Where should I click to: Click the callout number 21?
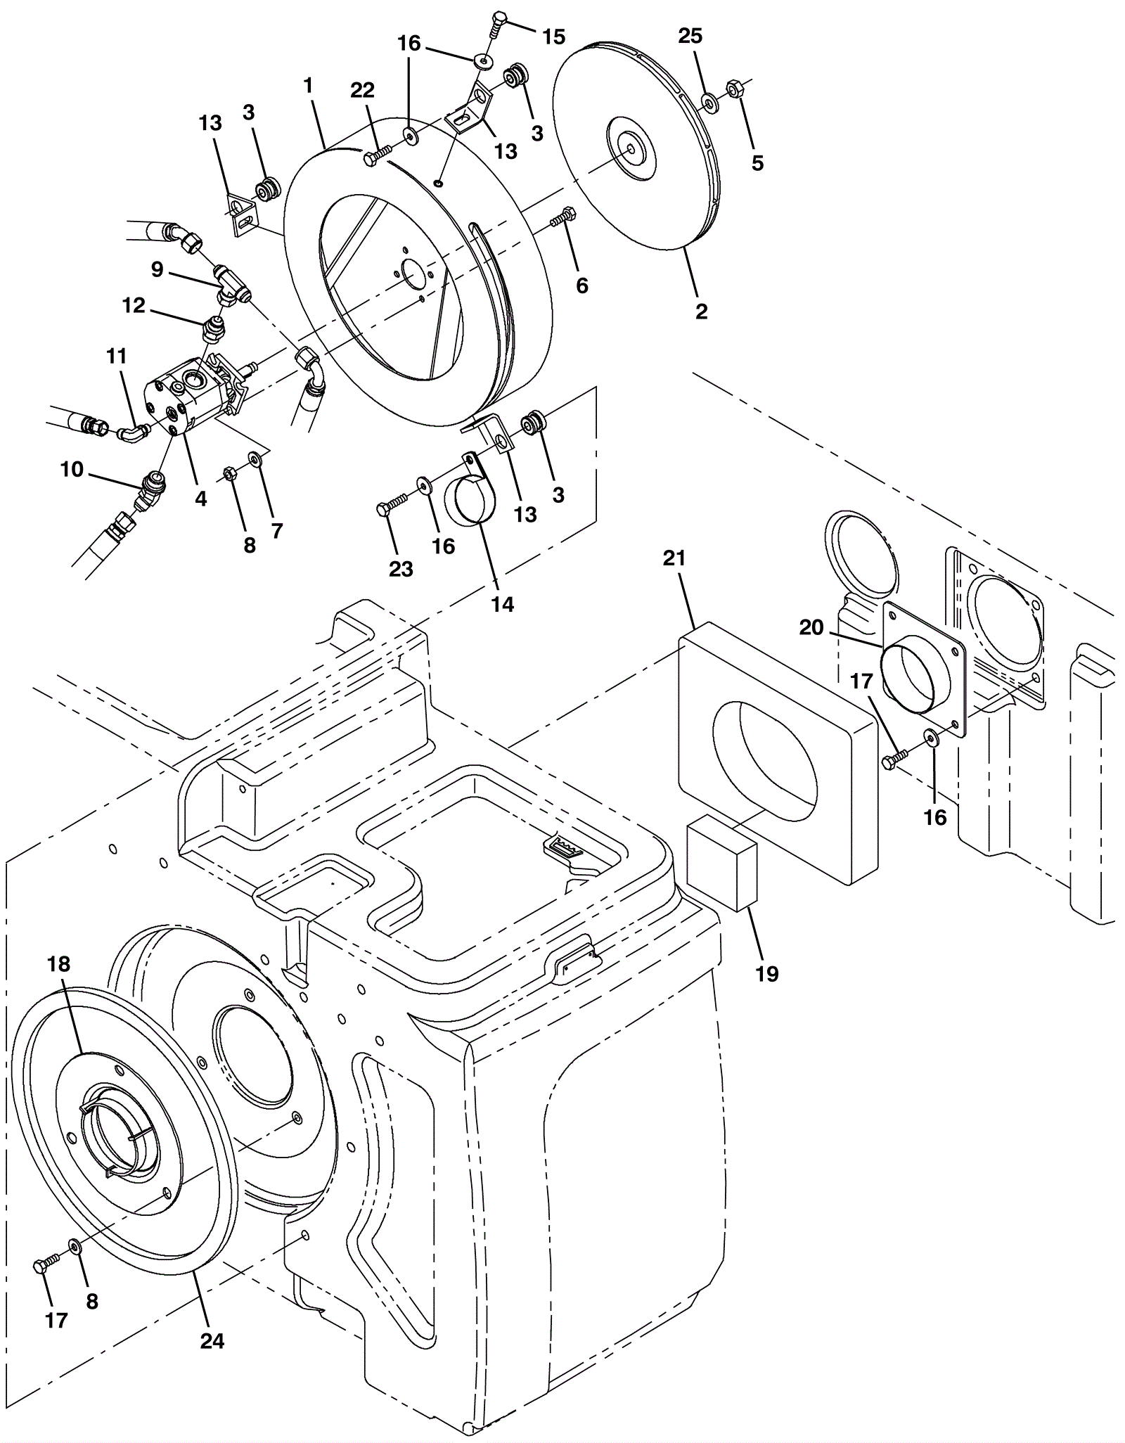click(674, 558)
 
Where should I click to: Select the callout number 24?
click(212, 1341)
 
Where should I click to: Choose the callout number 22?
click(363, 90)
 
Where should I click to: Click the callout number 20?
click(811, 627)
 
